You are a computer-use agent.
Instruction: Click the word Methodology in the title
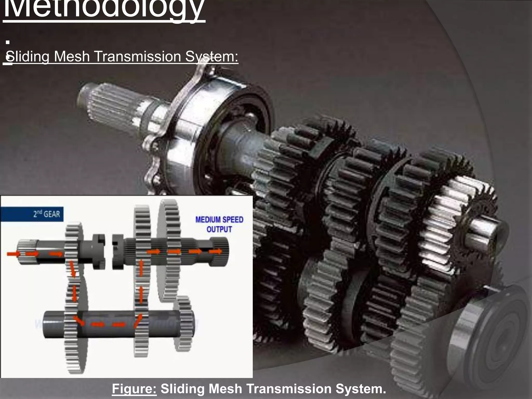tap(104, 9)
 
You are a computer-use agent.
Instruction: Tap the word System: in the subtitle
tap(212, 56)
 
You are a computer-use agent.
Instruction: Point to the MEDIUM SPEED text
tap(219, 220)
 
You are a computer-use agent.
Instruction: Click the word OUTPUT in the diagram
tap(219, 229)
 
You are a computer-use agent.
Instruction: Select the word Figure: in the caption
tap(134, 389)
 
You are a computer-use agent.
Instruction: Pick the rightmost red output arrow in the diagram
tap(216, 251)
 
